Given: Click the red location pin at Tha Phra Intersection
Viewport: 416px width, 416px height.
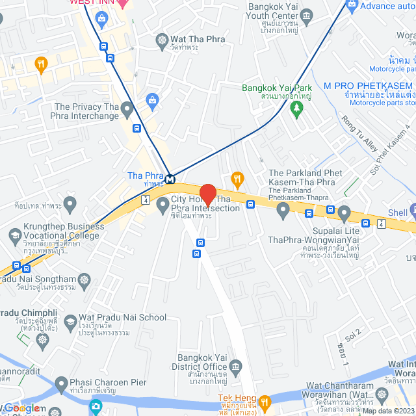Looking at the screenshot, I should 208,194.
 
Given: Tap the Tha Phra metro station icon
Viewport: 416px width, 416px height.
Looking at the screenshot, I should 170,179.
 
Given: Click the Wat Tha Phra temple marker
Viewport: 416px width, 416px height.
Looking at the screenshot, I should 162,39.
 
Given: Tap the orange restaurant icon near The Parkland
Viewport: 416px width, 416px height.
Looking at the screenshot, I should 238,178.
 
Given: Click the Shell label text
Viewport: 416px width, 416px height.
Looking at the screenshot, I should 397,213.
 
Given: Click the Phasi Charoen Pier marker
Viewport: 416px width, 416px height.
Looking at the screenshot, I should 61,383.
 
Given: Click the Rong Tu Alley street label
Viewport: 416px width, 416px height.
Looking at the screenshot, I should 359,134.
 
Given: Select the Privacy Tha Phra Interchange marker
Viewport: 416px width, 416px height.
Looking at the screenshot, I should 127,108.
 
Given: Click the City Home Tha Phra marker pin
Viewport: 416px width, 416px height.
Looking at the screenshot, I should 162,206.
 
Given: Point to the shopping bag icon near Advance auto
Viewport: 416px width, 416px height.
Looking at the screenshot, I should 352,6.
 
